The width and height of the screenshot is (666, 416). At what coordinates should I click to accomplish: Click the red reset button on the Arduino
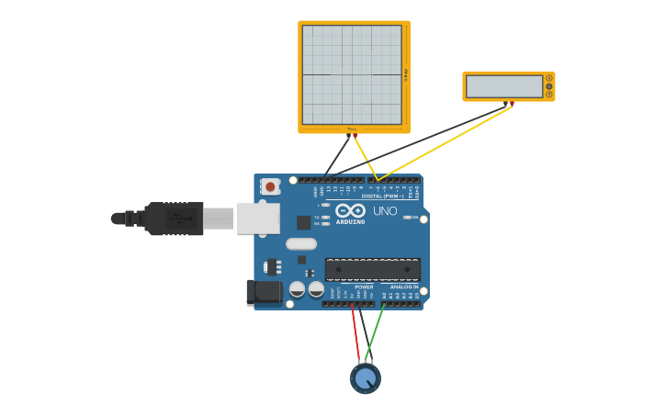coord(270,186)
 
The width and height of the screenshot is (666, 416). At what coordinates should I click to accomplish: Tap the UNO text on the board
coord(385,211)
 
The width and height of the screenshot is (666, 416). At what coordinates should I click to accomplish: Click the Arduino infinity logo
coord(350,210)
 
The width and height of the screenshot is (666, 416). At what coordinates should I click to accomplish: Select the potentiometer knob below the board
coord(365,377)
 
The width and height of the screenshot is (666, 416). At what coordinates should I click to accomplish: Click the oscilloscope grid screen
coord(351,74)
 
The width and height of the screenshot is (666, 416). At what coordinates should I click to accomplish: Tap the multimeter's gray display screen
coord(503,86)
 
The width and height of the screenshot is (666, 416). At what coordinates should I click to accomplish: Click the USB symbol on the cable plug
coord(180,219)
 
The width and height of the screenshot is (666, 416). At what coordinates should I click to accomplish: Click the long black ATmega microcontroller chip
coord(372,270)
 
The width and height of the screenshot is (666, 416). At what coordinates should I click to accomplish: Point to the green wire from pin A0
coord(375,332)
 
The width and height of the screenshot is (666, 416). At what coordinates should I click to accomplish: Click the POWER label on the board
coord(364,287)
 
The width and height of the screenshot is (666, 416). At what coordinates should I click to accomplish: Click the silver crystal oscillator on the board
coord(300,244)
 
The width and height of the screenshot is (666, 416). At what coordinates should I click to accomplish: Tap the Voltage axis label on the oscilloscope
coord(405,75)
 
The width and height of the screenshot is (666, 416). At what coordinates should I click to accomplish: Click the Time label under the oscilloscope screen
coord(351,129)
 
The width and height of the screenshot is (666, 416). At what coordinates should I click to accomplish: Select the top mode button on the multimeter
coord(549,78)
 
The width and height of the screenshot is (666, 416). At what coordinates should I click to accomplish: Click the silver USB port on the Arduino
coord(258,218)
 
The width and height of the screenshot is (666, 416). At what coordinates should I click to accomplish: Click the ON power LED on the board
coord(407,218)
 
